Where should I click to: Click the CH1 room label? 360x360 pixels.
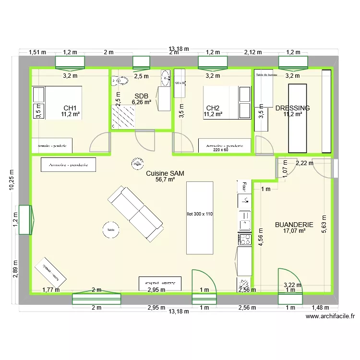click(x=70, y=108)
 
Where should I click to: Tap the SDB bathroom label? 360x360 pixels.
click(x=141, y=96)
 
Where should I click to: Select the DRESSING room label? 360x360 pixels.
click(x=292, y=108)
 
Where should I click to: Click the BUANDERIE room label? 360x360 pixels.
click(x=294, y=224)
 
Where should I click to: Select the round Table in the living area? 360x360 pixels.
click(x=111, y=230)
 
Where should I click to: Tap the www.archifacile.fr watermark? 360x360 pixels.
click(x=330, y=316)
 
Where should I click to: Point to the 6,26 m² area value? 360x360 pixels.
click(x=141, y=102)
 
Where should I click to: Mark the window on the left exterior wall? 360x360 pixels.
click(x=25, y=220)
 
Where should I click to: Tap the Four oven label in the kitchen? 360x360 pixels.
click(x=244, y=184)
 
